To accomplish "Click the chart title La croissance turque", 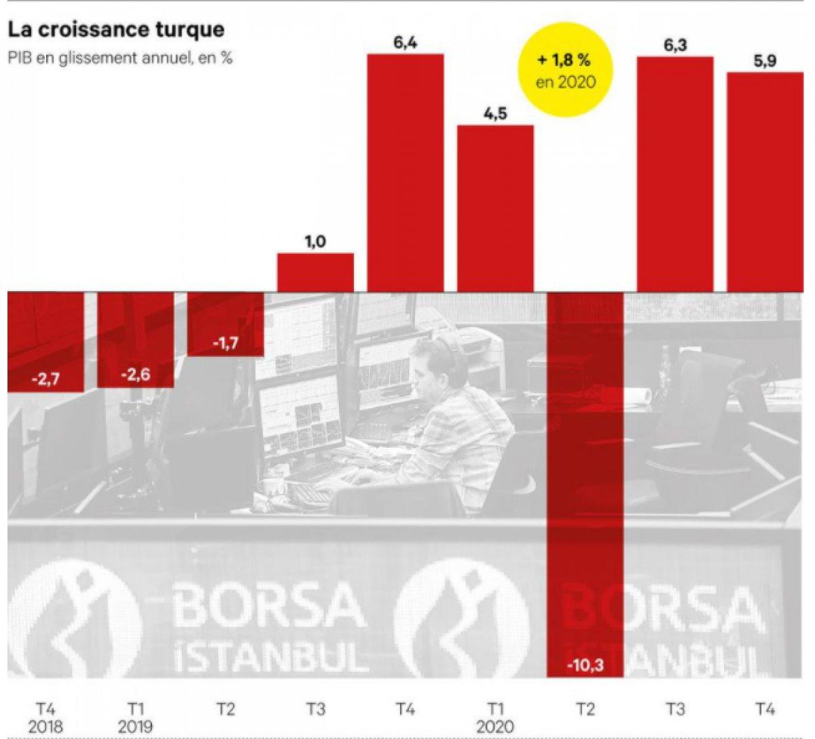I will pyautogui.click(x=115, y=31).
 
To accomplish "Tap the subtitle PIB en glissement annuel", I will pyautogui.click(x=120, y=58).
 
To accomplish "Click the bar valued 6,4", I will pyautogui.click(x=405, y=173).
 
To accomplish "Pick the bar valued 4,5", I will pyautogui.click(x=495, y=209).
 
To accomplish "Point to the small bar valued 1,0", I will pyautogui.click(x=315, y=273).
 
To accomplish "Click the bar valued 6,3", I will pyautogui.click(x=675, y=174).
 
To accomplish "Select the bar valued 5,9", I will pyautogui.click(x=765, y=182).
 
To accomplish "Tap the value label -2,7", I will pyautogui.click(x=46, y=379).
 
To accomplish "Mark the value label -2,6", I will pyautogui.click(x=135, y=375).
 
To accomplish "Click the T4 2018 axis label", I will pyautogui.click(x=46, y=718).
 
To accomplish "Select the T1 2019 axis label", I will pyautogui.click(x=135, y=718).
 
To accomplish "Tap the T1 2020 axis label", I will pyautogui.click(x=495, y=718).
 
